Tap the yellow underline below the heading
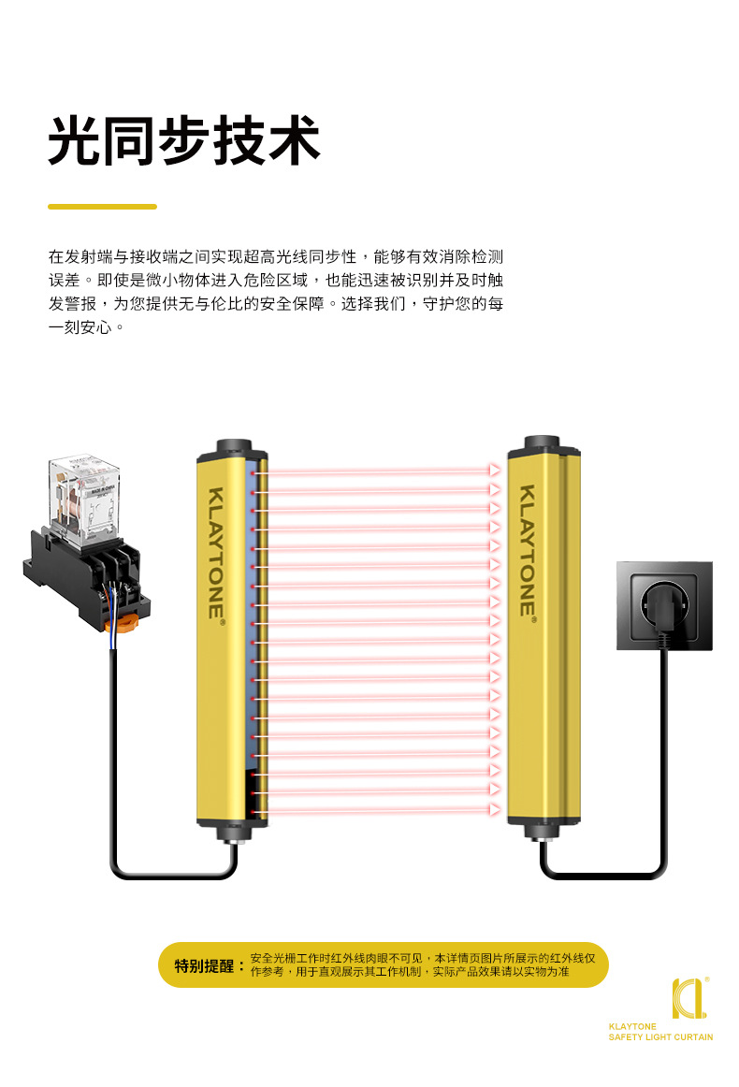tap(102, 206)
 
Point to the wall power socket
tap(664, 605)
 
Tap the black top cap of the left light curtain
tap(233, 448)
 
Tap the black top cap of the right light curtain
tap(543, 442)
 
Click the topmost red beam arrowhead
tap(495, 471)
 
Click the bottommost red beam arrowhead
tap(495, 807)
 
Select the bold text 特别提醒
tap(203, 965)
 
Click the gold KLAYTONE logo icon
tap(688, 998)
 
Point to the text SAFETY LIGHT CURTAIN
tap(660, 1036)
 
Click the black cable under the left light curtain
tap(173, 877)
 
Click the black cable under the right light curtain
tap(603, 877)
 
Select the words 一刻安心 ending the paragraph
tap(80, 328)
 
